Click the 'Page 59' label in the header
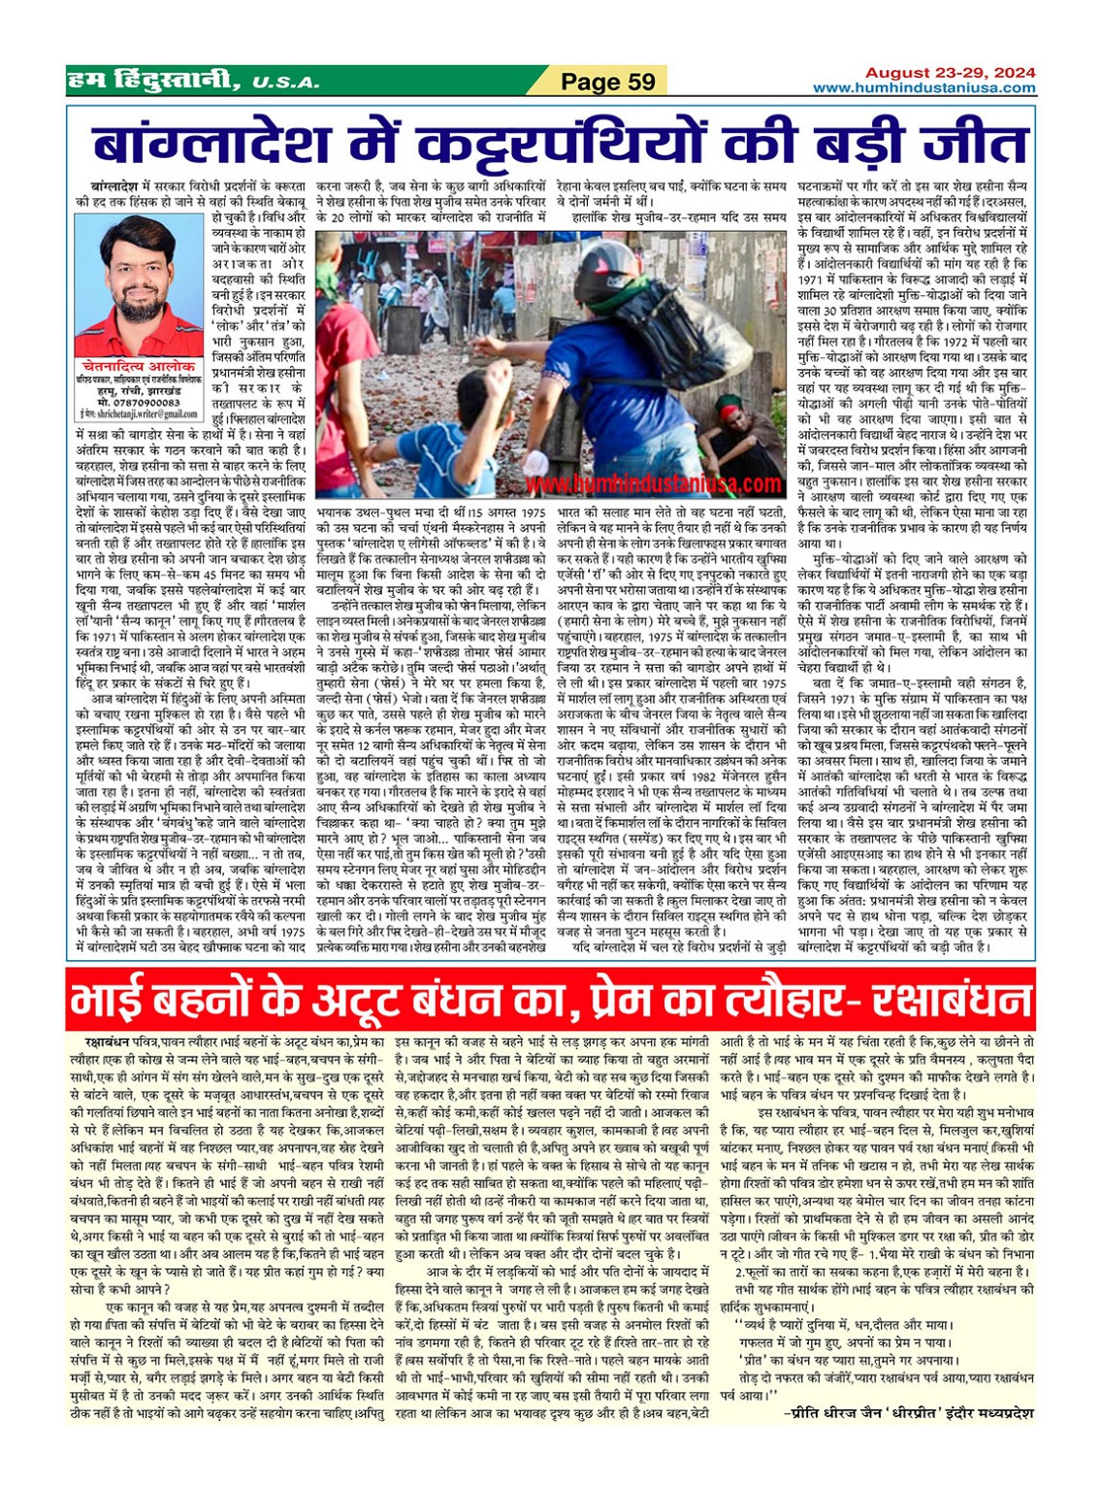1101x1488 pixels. point(608,82)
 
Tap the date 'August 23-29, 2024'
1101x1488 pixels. point(950,73)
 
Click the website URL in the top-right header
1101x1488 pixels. point(923,88)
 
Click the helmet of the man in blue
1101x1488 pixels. point(602,282)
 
